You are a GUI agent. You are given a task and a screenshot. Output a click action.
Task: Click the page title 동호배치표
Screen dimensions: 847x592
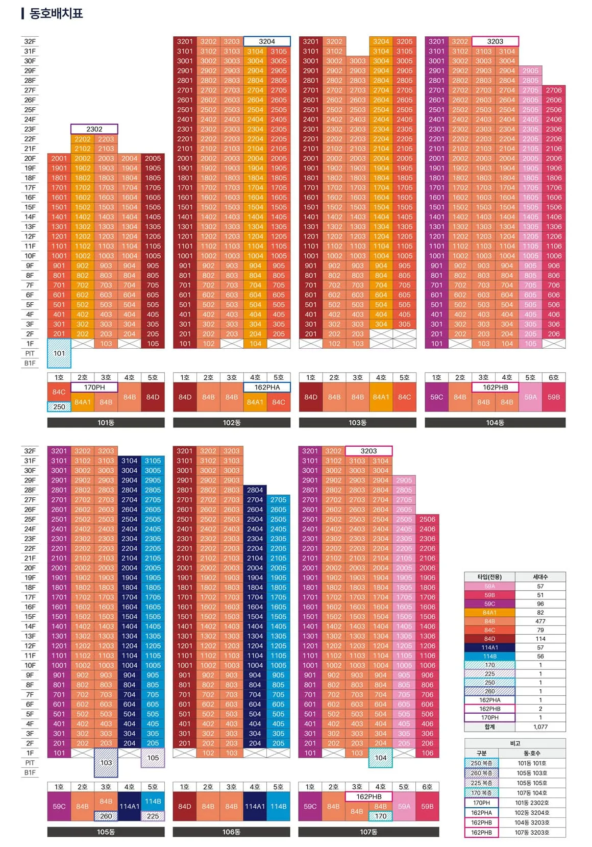56,13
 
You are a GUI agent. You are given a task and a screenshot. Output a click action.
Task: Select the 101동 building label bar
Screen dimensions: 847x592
106,423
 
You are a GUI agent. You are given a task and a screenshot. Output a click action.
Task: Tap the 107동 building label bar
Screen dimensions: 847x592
368,832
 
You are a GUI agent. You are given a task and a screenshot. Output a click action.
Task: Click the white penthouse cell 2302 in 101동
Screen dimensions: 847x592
94,129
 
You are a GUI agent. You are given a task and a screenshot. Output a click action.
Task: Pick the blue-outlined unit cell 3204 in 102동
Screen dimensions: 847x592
267,41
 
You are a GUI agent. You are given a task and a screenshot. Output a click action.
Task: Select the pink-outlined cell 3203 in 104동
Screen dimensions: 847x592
495,41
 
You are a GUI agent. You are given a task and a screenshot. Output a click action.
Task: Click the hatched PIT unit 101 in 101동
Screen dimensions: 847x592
59,353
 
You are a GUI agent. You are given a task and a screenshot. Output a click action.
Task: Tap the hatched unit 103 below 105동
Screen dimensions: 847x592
106,763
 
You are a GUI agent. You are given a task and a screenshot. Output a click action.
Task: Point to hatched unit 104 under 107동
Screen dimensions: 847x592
381,758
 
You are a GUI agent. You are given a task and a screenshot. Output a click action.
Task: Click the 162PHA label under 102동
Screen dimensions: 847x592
267,388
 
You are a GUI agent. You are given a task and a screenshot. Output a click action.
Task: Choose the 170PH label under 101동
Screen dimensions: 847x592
94,388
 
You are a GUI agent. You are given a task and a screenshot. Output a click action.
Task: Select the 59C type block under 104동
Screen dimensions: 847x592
436,397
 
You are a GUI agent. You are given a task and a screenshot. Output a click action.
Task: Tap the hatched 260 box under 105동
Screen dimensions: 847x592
106,816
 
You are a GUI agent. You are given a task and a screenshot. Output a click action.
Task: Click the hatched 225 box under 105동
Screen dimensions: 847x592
153,816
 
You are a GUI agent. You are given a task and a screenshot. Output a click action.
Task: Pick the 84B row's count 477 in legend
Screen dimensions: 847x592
540,621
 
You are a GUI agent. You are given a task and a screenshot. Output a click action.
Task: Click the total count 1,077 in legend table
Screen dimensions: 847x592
540,727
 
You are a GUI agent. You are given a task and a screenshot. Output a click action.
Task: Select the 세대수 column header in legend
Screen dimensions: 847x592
540,577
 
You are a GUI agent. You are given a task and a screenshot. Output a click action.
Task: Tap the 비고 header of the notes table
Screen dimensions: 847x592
515,743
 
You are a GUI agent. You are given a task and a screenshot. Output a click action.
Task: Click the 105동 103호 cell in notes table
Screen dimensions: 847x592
531,773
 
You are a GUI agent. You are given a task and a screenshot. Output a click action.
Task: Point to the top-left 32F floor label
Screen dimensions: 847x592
30,41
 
